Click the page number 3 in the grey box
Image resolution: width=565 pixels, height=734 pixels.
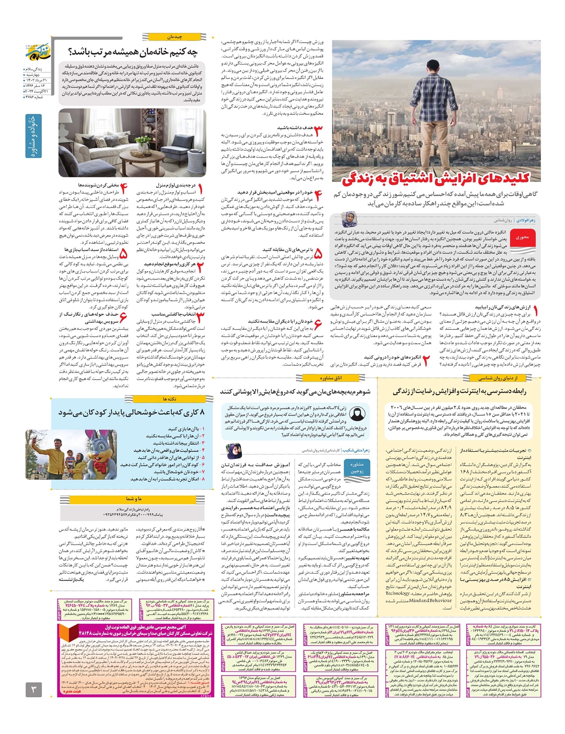tap(33, 690)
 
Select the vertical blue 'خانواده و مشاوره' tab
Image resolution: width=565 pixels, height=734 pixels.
tap(33, 136)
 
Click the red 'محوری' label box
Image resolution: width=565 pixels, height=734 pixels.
tap(522, 237)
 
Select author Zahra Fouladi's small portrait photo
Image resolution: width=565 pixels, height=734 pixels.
tap(349, 220)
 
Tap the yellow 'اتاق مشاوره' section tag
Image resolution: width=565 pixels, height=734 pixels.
tap(331, 378)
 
